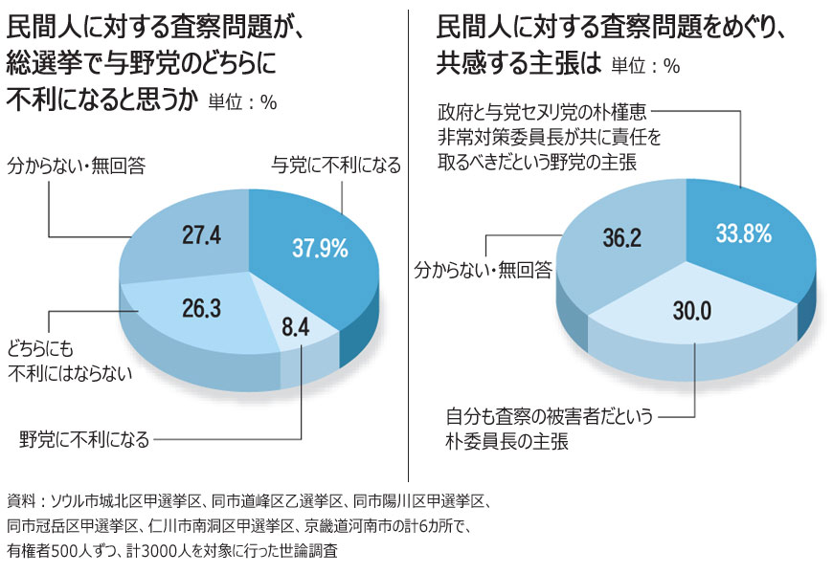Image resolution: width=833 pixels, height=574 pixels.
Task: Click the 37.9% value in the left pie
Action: tap(320, 247)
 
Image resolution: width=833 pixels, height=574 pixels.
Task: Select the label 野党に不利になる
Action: tap(85, 440)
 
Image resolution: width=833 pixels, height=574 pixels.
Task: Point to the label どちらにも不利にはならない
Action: tap(65, 359)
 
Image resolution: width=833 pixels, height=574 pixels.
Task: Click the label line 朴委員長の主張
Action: tap(507, 441)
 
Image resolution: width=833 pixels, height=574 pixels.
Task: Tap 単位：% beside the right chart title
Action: tap(644, 67)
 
